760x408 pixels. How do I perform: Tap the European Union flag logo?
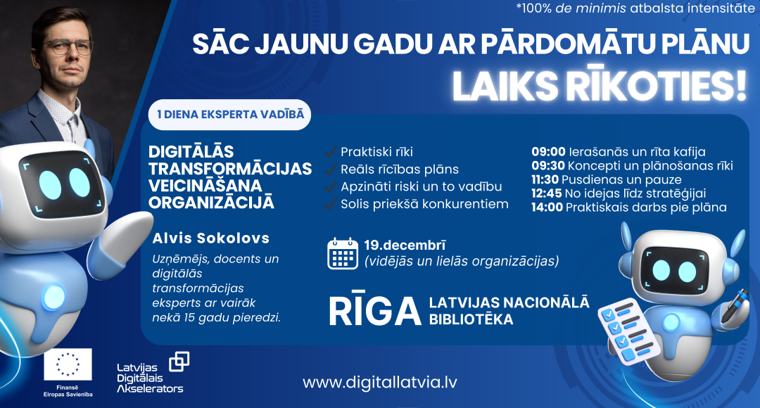(68, 364)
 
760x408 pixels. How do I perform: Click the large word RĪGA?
(373, 310)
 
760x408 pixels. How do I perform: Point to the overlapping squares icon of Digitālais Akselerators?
(179, 362)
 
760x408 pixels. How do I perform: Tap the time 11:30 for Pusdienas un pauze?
(544, 179)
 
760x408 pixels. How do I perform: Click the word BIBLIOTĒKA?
(471, 319)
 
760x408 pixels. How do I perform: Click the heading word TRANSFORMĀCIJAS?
(230, 169)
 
